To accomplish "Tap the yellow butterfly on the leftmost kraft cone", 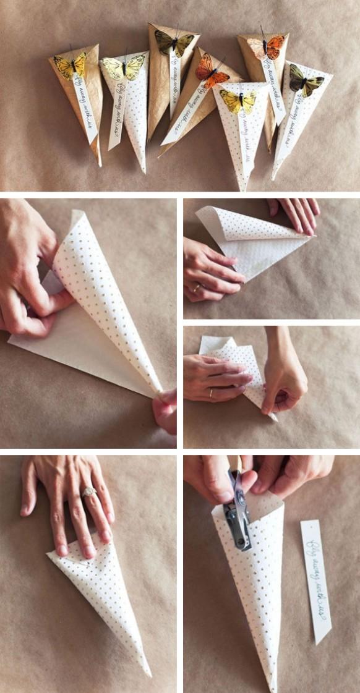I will point(69,65).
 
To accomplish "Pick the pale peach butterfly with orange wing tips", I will point(267,46).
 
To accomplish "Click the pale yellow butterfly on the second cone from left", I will point(123,67).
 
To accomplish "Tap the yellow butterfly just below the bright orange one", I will point(238,101).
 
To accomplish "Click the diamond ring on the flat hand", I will point(89,492).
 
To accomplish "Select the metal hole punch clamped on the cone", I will point(239,510).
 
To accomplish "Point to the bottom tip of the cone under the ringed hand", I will point(148,673).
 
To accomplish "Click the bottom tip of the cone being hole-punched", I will point(272,687).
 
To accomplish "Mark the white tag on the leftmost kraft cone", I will point(85,108).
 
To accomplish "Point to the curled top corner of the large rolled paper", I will point(76,215).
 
